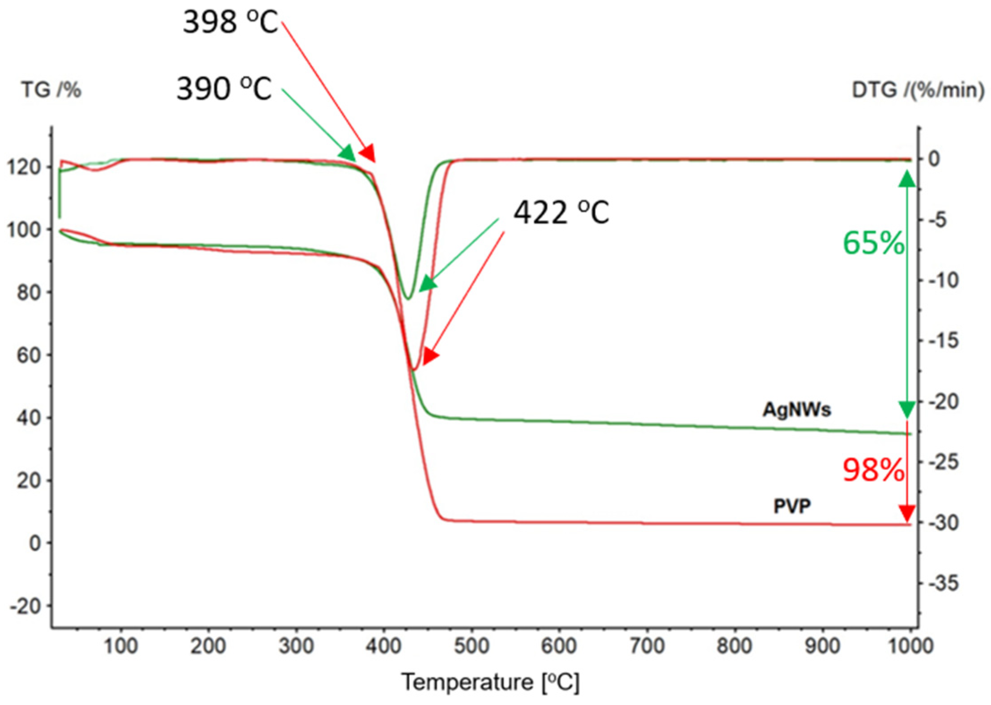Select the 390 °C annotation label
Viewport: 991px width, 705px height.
[x=224, y=89]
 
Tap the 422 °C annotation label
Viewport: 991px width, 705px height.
[x=561, y=212]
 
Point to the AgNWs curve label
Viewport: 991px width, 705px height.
[x=796, y=410]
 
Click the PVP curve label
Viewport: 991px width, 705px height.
[x=792, y=506]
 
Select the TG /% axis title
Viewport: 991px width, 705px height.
[x=51, y=90]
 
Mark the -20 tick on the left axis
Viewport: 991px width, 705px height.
[x=30, y=606]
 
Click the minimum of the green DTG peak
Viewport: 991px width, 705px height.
[x=407, y=298]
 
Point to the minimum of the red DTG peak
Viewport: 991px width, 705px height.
[x=414, y=370]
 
